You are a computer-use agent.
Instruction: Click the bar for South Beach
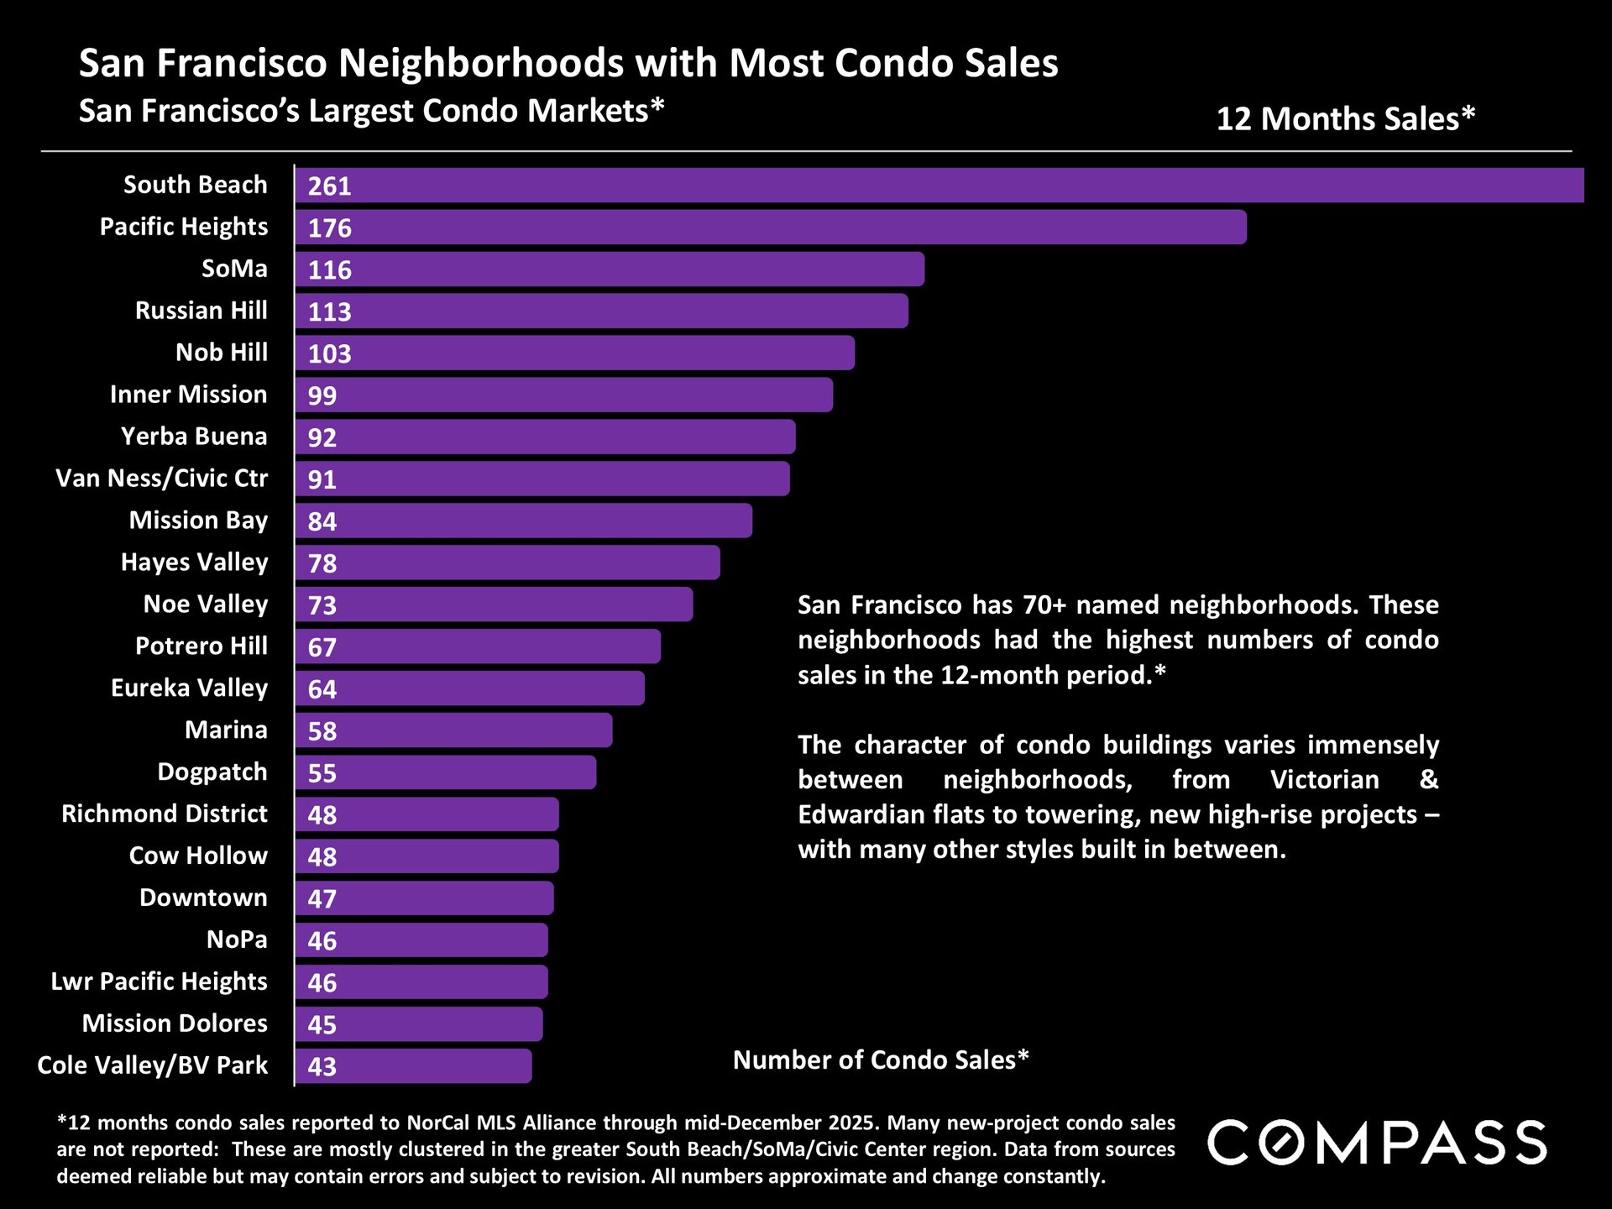click(x=939, y=186)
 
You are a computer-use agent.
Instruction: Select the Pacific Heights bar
click(x=770, y=228)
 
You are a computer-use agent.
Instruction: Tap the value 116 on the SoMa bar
click(x=329, y=270)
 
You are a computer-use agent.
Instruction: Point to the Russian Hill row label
click(x=201, y=311)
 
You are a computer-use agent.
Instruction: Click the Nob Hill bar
click(x=574, y=353)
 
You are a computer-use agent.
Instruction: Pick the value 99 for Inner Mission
click(x=322, y=396)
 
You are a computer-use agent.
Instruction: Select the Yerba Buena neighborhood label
click(x=193, y=437)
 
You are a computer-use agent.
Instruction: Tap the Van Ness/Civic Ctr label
click(x=161, y=479)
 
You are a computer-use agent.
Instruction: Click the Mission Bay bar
click(x=523, y=521)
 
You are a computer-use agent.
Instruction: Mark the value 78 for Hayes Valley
click(x=322, y=564)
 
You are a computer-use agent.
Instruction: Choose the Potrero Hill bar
click(x=477, y=647)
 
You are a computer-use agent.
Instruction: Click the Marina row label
click(x=226, y=730)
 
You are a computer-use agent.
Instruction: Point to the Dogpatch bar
click(x=445, y=772)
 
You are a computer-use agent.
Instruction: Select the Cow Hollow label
click(x=198, y=856)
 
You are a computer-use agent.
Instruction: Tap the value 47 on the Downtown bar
click(x=322, y=899)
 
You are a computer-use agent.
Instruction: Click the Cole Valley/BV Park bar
click(x=413, y=1066)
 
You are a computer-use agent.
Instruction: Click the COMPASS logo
click(x=1376, y=1143)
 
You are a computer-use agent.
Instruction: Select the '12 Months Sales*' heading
click(x=1345, y=119)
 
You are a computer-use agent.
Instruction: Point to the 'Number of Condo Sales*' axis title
click(x=880, y=1060)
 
